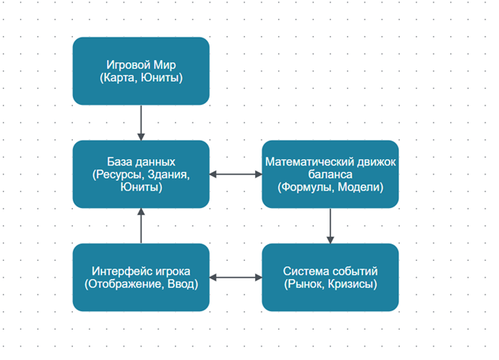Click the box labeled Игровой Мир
click(x=141, y=70)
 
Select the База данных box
click(x=141, y=174)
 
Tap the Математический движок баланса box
click(x=330, y=174)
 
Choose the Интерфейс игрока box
click(x=141, y=277)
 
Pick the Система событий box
click(x=330, y=277)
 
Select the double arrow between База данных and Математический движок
click(x=236, y=174)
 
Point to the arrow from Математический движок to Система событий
click(x=330, y=226)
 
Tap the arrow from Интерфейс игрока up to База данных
click(x=141, y=226)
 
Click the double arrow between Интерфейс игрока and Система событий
click(x=236, y=278)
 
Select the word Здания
click(x=168, y=174)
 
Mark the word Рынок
click(x=306, y=284)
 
